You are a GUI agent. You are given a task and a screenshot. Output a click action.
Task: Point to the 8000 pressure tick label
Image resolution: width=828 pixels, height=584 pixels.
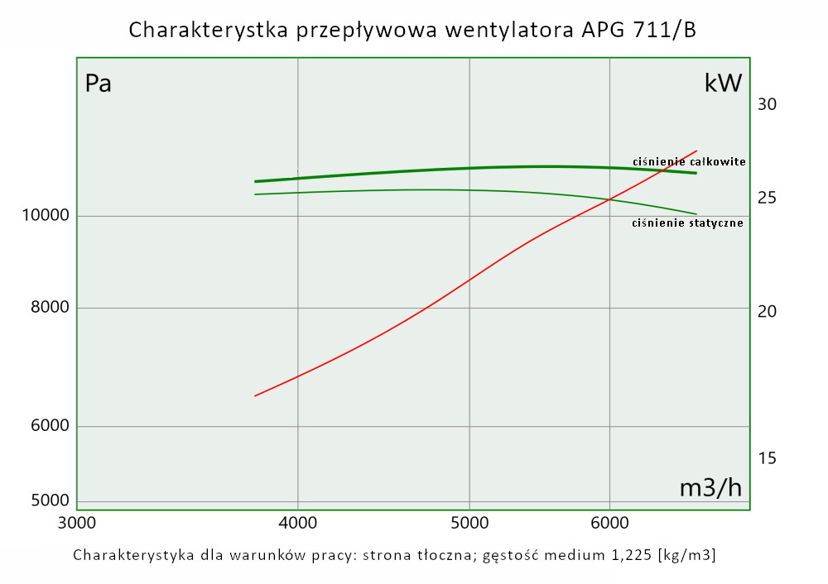click(x=48, y=309)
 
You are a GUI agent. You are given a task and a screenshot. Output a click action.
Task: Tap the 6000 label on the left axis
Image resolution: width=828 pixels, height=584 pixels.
click(x=48, y=427)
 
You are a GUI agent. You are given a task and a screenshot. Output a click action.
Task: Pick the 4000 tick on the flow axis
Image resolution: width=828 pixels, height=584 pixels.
click(x=297, y=523)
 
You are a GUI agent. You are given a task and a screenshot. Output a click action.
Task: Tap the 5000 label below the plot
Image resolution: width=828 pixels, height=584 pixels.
click(x=469, y=523)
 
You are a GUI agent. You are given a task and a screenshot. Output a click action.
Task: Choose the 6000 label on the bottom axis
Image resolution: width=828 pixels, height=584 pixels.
click(x=609, y=523)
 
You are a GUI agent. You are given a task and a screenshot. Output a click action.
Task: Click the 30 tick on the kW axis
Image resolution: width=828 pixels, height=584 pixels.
click(x=767, y=104)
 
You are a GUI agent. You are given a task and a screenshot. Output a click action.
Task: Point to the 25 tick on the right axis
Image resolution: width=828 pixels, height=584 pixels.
click(x=767, y=198)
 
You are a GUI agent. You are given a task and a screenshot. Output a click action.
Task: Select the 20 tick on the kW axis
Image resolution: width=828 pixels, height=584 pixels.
click(x=767, y=311)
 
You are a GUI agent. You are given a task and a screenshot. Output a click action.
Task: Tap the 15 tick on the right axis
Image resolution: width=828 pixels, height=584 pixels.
click(x=767, y=457)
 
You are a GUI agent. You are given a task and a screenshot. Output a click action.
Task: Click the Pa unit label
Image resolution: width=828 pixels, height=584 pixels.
click(x=99, y=84)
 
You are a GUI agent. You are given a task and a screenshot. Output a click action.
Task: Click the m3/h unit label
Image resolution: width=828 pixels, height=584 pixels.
click(x=710, y=488)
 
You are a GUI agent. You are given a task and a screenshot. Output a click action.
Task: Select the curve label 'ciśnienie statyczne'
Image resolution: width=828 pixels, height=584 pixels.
click(x=687, y=223)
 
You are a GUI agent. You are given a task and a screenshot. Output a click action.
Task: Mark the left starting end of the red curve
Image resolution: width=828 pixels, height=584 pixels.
click(x=255, y=396)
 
